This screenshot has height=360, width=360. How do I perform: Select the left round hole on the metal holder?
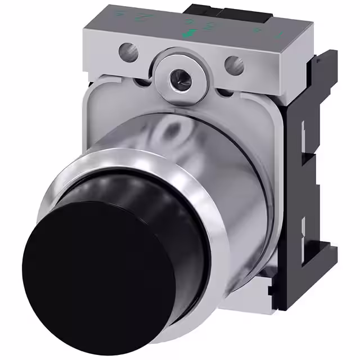[128, 54]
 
